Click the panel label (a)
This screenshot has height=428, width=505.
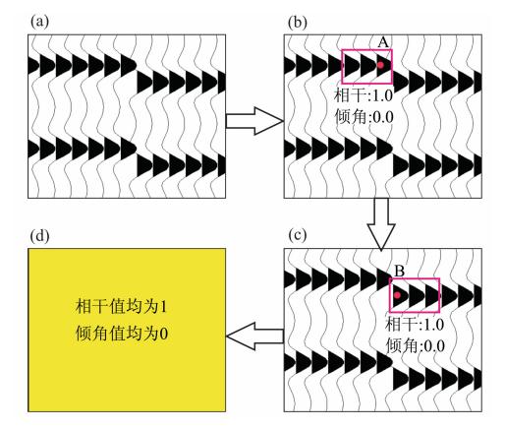tap(39, 23)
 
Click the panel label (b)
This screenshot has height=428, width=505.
tap(298, 23)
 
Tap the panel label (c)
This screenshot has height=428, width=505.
tap(298, 235)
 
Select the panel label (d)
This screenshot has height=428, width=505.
tap(39, 235)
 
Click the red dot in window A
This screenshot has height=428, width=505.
tap(380, 65)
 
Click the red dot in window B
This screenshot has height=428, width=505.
tap(397, 295)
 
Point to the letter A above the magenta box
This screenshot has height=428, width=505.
tap(383, 42)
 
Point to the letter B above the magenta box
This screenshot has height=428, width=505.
tap(400, 272)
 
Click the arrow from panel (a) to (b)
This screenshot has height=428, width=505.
tap(254, 121)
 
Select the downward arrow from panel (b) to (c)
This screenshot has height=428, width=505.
tap(381, 224)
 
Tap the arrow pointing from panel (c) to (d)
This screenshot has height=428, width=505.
tap(254, 336)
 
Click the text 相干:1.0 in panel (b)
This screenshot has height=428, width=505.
tap(364, 95)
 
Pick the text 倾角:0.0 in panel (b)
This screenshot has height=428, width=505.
tap(364, 116)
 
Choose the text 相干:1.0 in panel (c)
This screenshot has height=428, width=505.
tap(415, 325)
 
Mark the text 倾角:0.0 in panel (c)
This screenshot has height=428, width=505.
tap(416, 345)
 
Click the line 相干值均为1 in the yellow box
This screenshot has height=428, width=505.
tap(121, 307)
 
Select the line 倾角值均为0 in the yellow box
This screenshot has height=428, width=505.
tap(122, 334)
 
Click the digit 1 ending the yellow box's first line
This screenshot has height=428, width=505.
tap(163, 307)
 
